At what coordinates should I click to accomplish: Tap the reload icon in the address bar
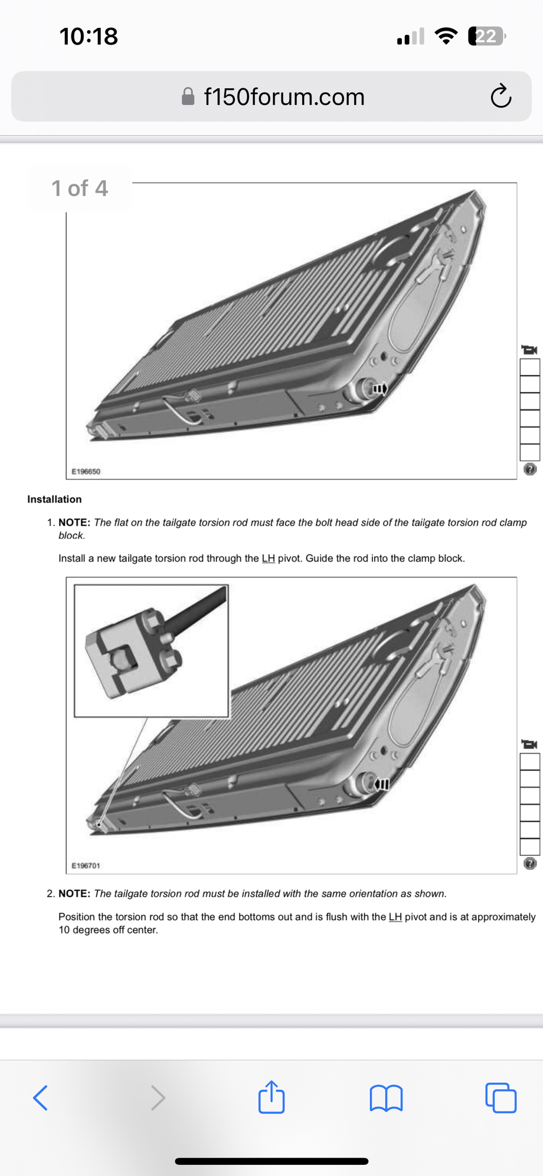(x=501, y=96)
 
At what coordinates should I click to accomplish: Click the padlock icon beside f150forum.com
(x=188, y=96)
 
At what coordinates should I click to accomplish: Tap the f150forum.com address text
(x=284, y=97)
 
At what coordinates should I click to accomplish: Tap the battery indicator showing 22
(x=486, y=37)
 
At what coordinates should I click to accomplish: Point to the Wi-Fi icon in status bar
(x=446, y=37)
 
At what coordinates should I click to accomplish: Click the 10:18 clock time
(x=89, y=37)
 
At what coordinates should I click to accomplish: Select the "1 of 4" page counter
(x=80, y=188)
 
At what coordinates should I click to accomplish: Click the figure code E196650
(x=86, y=471)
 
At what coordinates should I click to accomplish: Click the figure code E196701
(x=86, y=865)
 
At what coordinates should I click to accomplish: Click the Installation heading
(x=54, y=499)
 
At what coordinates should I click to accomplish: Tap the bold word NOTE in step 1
(x=74, y=523)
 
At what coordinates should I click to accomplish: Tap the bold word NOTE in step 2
(x=74, y=894)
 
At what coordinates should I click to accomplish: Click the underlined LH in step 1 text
(x=268, y=558)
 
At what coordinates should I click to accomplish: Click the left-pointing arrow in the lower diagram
(x=381, y=784)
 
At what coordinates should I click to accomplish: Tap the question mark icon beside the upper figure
(x=530, y=469)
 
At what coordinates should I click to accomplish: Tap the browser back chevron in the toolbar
(x=40, y=1097)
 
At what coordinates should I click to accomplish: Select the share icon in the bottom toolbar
(x=271, y=1097)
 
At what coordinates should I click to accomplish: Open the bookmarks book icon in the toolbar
(x=386, y=1098)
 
